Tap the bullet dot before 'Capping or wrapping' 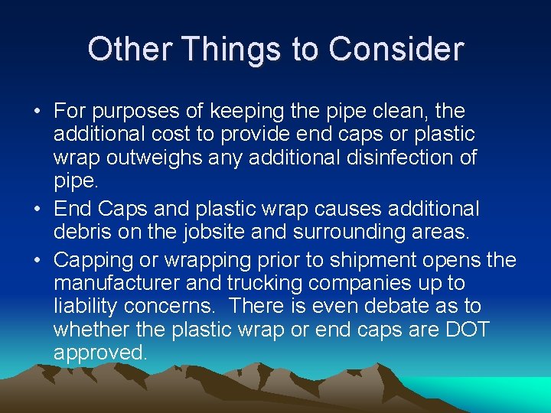click(x=37, y=260)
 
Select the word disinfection click(x=408, y=158)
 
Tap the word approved click(x=100, y=353)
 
